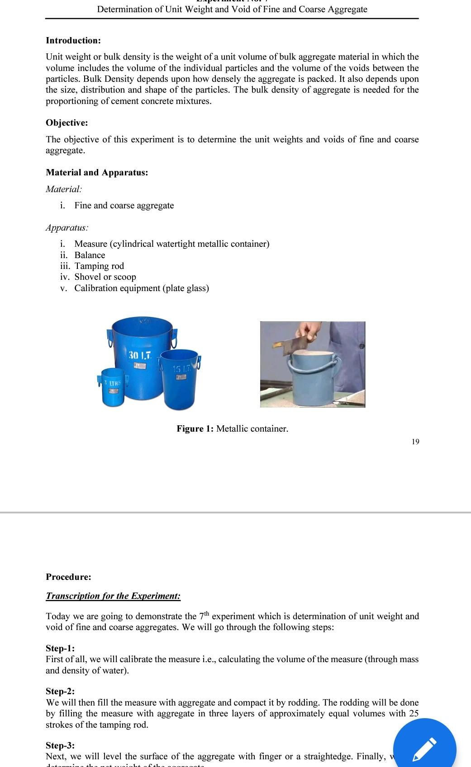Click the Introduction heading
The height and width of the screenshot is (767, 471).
[73, 41]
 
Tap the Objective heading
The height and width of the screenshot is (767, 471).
[67, 123]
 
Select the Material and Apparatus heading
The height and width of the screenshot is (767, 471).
[97, 173]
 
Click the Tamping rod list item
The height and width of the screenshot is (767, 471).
[99, 266]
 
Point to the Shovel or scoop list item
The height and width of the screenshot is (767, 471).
[105, 277]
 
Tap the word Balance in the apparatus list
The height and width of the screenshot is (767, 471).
[90, 255]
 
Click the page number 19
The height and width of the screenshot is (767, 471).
[415, 442]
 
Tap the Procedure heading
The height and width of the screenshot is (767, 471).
[68, 577]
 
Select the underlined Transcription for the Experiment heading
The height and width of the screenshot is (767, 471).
[113, 596]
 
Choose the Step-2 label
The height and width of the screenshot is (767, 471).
[60, 692]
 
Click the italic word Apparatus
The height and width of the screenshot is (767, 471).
[67, 228]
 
